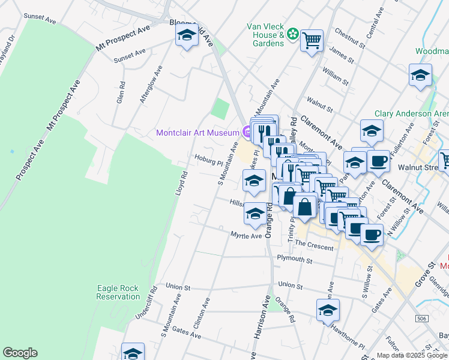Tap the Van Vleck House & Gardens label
(x=265, y=35)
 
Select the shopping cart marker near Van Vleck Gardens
(x=312, y=41)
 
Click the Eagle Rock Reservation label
(x=118, y=292)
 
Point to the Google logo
(x=20, y=353)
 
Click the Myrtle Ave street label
(x=246, y=236)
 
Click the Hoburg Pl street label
(x=208, y=160)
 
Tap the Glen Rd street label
(x=121, y=93)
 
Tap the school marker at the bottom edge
(x=133, y=353)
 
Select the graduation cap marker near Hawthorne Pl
(x=328, y=310)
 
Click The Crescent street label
(x=314, y=246)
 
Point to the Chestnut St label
(x=350, y=37)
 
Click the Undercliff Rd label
(x=146, y=301)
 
